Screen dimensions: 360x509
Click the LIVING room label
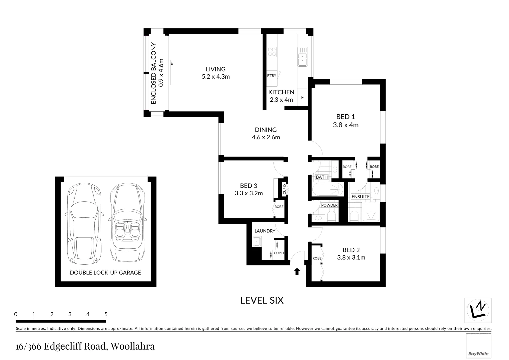[x=216, y=69]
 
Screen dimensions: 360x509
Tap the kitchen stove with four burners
[x=272, y=52]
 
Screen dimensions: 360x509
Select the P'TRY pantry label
[x=271, y=76]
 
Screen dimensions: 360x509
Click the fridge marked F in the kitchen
[x=302, y=98]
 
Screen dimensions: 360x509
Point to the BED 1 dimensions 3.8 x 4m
[x=345, y=125]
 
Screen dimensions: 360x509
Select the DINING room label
[x=265, y=130]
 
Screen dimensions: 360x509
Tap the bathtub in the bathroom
[x=328, y=190]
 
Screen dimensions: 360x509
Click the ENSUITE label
[x=360, y=197]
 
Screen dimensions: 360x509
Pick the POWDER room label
[x=329, y=205]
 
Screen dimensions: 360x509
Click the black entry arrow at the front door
[x=297, y=271]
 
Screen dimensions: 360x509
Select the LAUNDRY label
[x=265, y=231]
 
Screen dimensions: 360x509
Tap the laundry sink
[x=257, y=241]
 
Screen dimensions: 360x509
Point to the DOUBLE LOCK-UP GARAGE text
[x=105, y=273]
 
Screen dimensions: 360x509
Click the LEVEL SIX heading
[x=261, y=300]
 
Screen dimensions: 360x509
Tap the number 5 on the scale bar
[x=106, y=314]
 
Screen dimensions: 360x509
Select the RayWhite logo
[x=478, y=353]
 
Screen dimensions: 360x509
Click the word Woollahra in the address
[x=132, y=346]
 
